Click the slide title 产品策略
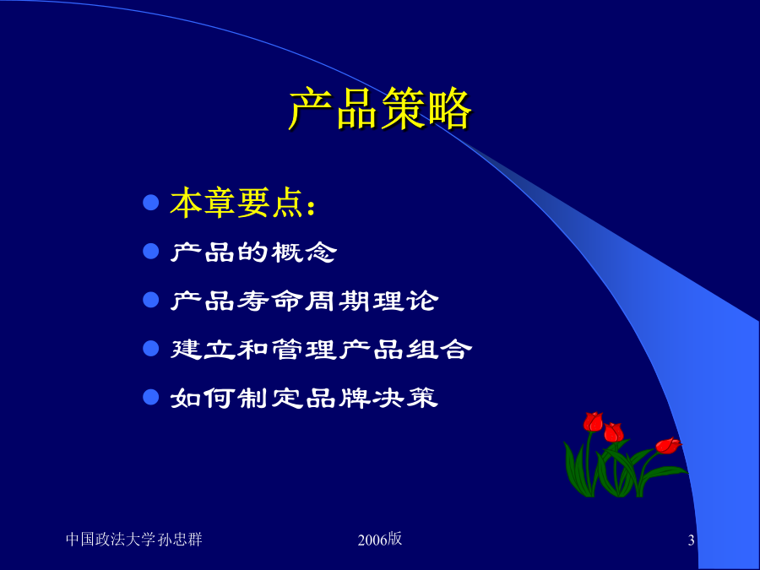point(380,109)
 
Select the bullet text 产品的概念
point(253,252)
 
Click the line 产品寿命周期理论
point(304,301)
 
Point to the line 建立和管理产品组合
point(321,349)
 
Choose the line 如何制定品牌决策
point(304,398)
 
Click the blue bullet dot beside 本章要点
point(151,203)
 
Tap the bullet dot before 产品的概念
point(151,251)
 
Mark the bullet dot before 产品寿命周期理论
point(151,300)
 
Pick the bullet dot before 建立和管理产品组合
point(151,349)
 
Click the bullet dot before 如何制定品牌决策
point(151,397)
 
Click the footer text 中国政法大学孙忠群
point(133,540)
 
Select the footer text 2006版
point(380,539)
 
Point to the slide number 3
point(691,540)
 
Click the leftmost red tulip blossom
point(593,421)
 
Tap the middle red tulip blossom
point(614,432)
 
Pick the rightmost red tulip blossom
point(668,445)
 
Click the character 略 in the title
point(450,109)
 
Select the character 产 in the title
point(310,109)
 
